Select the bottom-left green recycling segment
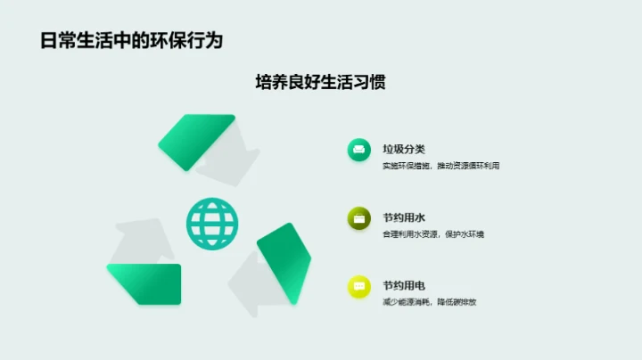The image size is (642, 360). pos(145,282)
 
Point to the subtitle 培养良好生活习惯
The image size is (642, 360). pos(320,82)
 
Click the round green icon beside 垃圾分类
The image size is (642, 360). pos(359,150)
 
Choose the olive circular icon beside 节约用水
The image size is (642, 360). pos(359,218)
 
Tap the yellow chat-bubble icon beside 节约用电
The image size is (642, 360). pos(359,287)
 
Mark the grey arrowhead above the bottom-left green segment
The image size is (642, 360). pos(143,241)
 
